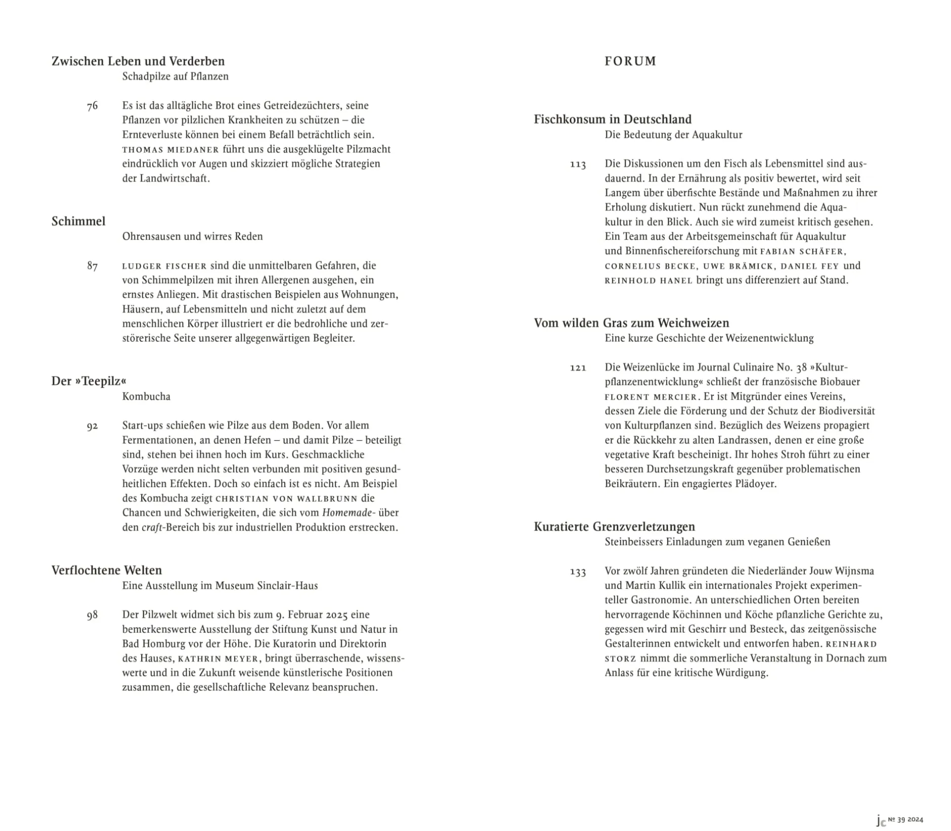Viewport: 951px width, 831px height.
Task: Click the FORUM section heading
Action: pos(630,61)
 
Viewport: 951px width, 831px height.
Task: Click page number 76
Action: pos(92,106)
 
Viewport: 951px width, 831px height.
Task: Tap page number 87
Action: pos(92,266)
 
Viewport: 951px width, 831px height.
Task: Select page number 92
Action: pos(92,426)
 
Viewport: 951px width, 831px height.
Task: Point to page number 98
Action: pos(92,616)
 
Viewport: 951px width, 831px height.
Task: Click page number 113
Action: pos(578,164)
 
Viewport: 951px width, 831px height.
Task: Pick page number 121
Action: pos(578,368)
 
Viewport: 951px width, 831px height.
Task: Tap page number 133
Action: pos(578,572)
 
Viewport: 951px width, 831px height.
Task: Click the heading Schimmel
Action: pos(78,221)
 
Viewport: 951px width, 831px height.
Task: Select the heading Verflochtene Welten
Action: pos(107,570)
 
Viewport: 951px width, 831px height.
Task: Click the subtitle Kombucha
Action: pos(146,396)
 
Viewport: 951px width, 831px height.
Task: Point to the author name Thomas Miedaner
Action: pos(170,150)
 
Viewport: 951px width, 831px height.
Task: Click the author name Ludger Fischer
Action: pos(164,266)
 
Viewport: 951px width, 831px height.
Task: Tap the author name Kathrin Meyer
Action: pos(219,659)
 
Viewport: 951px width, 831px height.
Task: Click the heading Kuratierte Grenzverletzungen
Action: pos(615,527)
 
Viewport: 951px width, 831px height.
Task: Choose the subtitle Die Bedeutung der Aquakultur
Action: pos(673,135)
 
